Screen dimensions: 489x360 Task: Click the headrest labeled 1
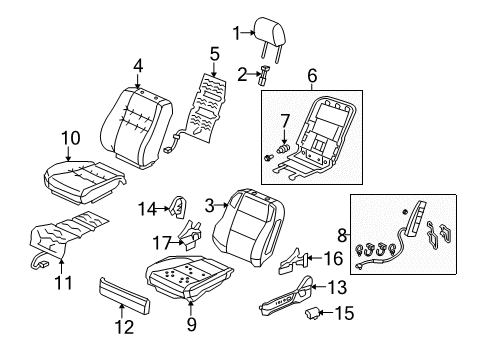(x=270, y=33)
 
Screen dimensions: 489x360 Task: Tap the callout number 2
(x=243, y=75)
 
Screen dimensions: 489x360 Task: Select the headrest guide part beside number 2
(x=264, y=76)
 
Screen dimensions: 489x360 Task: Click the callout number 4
(x=138, y=66)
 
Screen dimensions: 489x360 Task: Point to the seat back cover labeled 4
(x=136, y=128)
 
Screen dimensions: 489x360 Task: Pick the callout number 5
(x=215, y=54)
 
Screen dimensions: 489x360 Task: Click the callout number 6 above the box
(x=312, y=76)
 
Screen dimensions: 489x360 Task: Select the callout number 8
(x=342, y=235)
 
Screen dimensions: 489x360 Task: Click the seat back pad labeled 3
(x=248, y=227)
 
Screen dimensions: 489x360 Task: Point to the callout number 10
(x=71, y=138)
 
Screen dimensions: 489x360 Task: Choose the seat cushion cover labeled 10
(x=85, y=182)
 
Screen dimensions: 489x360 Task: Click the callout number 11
(x=63, y=283)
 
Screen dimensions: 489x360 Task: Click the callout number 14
(x=147, y=209)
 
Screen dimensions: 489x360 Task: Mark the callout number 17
(x=161, y=243)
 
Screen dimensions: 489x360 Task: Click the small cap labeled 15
(x=312, y=313)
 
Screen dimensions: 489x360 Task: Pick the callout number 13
(x=337, y=287)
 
